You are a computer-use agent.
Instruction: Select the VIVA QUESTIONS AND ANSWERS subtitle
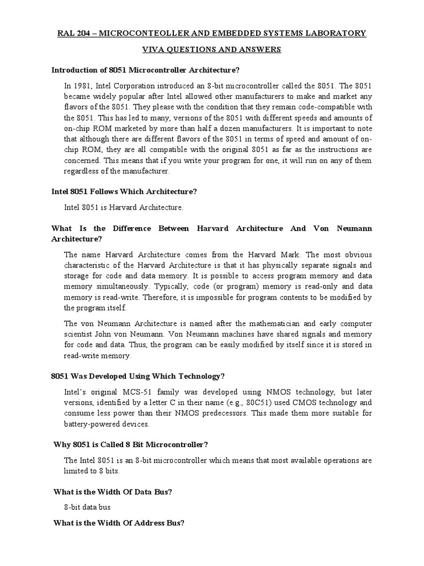(x=212, y=50)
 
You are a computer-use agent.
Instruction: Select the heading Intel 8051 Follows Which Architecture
(x=124, y=191)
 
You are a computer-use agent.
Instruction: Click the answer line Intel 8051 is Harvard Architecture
(x=123, y=208)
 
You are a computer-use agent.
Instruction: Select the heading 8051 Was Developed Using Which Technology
(x=138, y=376)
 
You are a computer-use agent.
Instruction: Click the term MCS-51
(x=130, y=392)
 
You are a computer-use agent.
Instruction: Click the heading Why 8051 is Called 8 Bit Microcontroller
(x=130, y=444)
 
